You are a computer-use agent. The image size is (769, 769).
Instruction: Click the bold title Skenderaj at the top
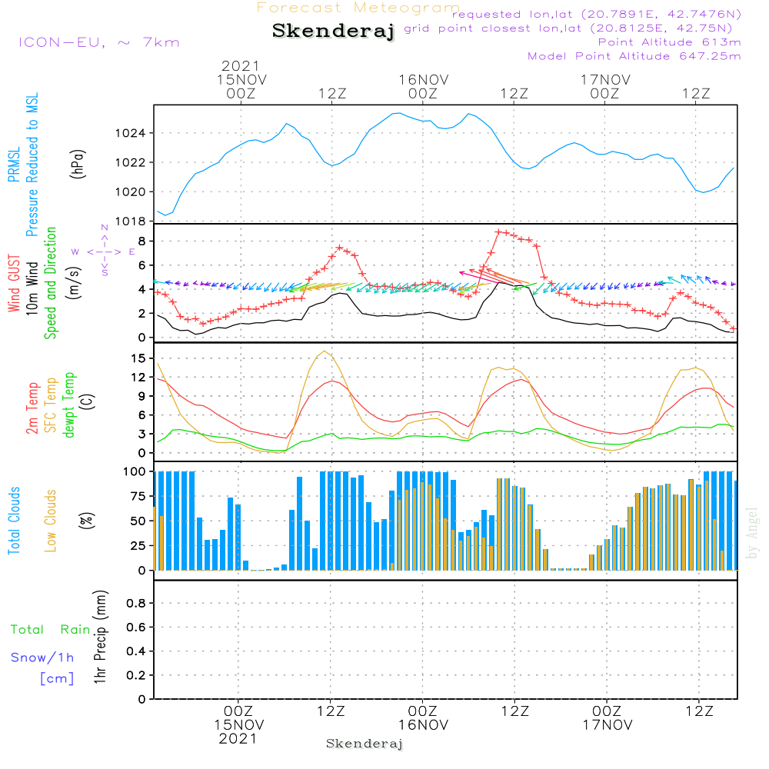click(x=333, y=32)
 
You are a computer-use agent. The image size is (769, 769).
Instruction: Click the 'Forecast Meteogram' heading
click(x=358, y=8)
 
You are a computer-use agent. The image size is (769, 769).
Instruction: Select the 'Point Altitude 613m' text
click(x=669, y=42)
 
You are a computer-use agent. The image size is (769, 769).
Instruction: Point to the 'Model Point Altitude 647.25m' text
click(x=634, y=56)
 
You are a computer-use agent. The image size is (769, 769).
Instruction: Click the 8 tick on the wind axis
click(x=141, y=241)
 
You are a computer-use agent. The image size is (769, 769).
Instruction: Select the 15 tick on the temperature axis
click(x=138, y=358)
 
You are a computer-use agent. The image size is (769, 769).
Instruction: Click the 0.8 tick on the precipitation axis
click(x=136, y=604)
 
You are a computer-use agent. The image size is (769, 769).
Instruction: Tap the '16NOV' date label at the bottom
click(x=423, y=725)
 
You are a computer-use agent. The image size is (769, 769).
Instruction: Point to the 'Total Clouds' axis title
click(x=14, y=521)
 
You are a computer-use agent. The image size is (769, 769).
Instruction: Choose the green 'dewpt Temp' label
click(x=69, y=404)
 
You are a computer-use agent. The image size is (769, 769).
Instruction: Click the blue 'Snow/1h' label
click(x=43, y=658)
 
